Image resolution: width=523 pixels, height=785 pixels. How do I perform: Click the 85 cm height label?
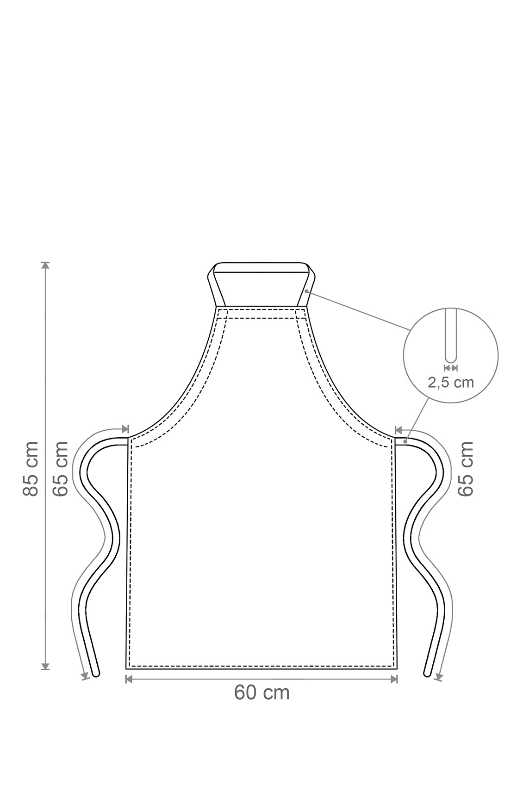tap(30, 469)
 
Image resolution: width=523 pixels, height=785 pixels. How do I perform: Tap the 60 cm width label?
tap(261, 692)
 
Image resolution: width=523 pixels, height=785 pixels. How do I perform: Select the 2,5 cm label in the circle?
tap(451, 383)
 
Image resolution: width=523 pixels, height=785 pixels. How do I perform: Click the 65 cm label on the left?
tap(60, 469)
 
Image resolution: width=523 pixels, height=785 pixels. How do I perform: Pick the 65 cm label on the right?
tap(466, 469)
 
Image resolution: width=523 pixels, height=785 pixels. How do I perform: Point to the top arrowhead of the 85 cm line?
tap(45, 265)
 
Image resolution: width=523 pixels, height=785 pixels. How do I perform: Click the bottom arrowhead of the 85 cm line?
tap(45, 666)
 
